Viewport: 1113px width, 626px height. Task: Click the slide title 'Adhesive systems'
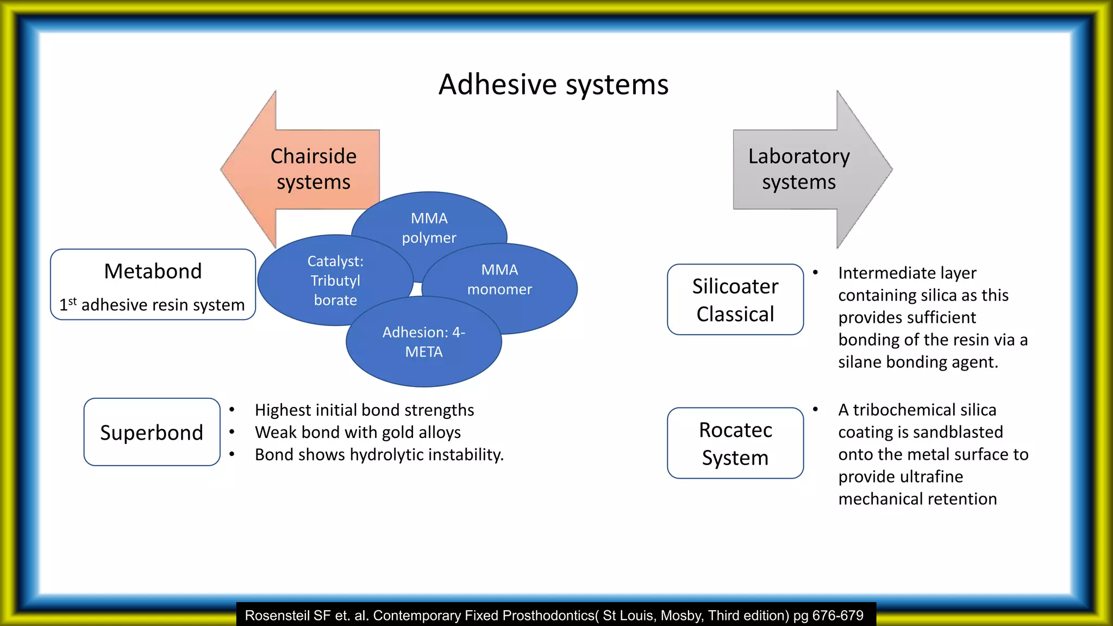point(553,85)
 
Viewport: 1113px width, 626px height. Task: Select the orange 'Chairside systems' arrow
point(313,169)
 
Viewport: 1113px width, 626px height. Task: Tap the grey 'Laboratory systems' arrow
point(798,169)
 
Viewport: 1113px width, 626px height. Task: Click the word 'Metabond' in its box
point(153,271)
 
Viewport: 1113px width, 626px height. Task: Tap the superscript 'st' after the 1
point(72,301)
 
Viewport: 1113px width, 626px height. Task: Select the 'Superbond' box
point(152,433)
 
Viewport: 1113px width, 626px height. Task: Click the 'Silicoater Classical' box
point(735,300)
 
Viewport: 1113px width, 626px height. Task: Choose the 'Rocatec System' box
point(735,443)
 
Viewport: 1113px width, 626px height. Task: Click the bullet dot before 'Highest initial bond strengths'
point(232,410)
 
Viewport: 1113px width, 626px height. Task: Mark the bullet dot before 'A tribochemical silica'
point(815,410)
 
